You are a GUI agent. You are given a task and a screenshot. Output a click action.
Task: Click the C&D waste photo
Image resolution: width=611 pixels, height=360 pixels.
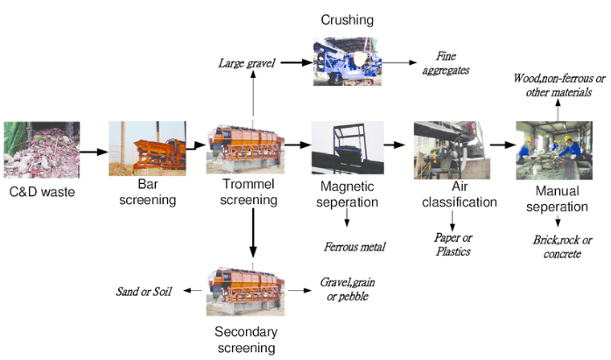click(x=41, y=148)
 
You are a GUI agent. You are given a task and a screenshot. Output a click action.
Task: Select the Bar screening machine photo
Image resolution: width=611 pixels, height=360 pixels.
click(x=147, y=150)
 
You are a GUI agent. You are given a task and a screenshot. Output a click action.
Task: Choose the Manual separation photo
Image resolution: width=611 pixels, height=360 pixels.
click(x=550, y=150)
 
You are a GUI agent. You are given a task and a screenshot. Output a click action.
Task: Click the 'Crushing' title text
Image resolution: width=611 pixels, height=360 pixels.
click(x=347, y=18)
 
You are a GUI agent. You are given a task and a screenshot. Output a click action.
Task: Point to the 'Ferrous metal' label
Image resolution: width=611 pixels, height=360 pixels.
click(x=355, y=247)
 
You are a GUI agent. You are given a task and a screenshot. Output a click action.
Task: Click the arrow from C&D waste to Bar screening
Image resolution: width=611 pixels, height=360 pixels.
click(x=93, y=151)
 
